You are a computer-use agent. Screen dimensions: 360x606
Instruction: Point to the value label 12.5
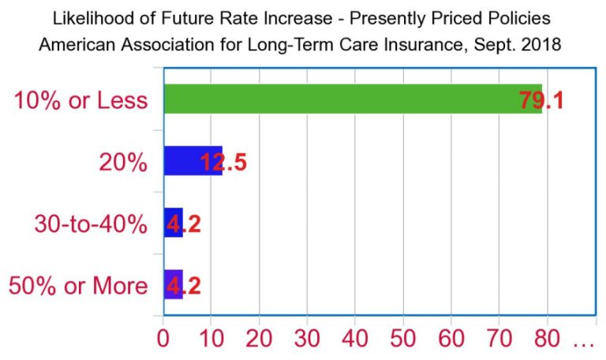tap(224, 162)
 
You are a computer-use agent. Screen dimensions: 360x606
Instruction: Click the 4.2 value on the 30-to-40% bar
tap(184, 223)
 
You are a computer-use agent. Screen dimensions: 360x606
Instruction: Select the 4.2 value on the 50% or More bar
tap(184, 285)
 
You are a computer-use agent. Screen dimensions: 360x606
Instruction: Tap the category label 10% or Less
tap(81, 101)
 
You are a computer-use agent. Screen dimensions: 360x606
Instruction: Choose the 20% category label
tap(123, 163)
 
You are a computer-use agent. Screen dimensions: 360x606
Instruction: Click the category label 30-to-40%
tap(91, 224)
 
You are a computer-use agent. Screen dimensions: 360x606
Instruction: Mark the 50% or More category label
tap(78, 286)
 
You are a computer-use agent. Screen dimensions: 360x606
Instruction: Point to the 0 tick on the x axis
tap(163, 342)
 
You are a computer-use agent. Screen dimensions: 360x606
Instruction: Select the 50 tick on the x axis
tap(403, 342)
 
